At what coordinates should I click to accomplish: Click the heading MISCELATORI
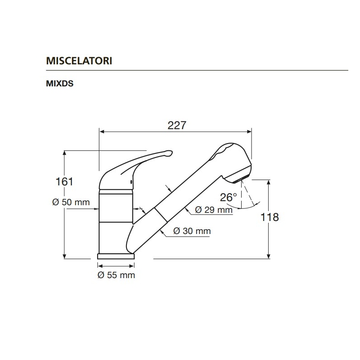(x=79, y=61)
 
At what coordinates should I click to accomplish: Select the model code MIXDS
(x=60, y=84)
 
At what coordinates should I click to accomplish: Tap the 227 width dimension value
(x=177, y=126)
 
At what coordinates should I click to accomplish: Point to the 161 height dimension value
(x=64, y=182)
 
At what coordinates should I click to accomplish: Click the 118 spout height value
(x=270, y=217)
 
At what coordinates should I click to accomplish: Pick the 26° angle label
(x=229, y=197)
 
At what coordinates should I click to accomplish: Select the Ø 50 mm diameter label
(x=71, y=202)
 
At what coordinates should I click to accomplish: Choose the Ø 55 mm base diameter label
(x=117, y=275)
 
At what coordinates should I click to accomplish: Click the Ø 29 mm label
(x=214, y=210)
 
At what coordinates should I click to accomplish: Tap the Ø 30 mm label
(x=192, y=231)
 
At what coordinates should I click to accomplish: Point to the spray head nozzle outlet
(x=241, y=179)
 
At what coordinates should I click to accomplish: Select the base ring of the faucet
(x=116, y=256)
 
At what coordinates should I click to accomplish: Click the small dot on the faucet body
(x=131, y=182)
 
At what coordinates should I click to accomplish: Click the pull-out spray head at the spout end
(x=232, y=162)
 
